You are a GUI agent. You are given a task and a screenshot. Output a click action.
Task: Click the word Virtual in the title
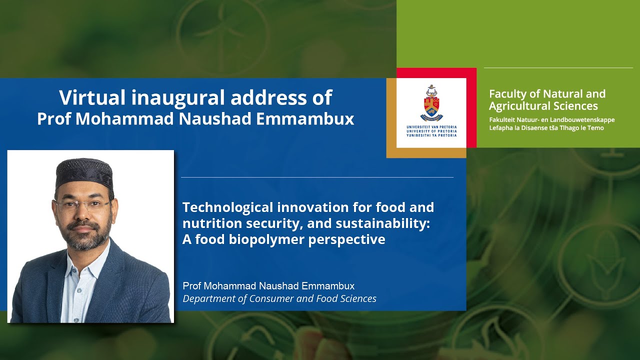tap(92, 97)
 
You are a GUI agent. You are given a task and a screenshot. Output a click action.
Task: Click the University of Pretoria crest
tap(431, 103)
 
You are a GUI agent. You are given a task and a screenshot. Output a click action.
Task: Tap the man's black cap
tap(84, 172)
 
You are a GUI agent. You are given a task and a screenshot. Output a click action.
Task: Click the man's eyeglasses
tap(82, 204)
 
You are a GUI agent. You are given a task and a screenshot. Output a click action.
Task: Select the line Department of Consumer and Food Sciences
tap(279, 299)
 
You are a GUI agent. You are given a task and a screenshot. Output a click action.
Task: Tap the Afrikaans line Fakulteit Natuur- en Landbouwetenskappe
tap(551, 120)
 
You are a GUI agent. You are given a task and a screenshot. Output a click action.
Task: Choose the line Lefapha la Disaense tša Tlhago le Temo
tap(546, 128)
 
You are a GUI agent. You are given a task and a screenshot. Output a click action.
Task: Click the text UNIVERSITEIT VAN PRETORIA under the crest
tap(431, 127)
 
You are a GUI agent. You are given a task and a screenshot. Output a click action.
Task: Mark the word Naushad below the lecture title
tap(280, 286)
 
